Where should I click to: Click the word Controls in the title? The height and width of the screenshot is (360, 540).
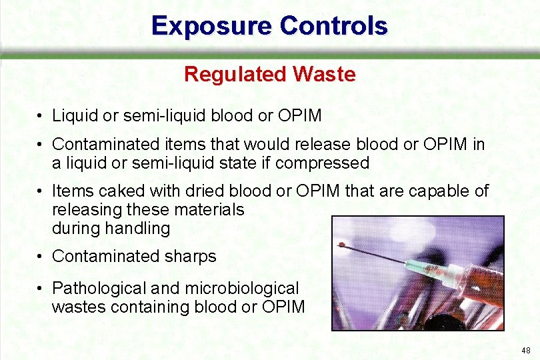334,26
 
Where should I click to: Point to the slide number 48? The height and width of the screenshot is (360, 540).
526,350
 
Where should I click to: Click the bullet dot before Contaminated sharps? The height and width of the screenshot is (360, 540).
41,257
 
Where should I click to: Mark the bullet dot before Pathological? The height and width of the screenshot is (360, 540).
41,289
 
